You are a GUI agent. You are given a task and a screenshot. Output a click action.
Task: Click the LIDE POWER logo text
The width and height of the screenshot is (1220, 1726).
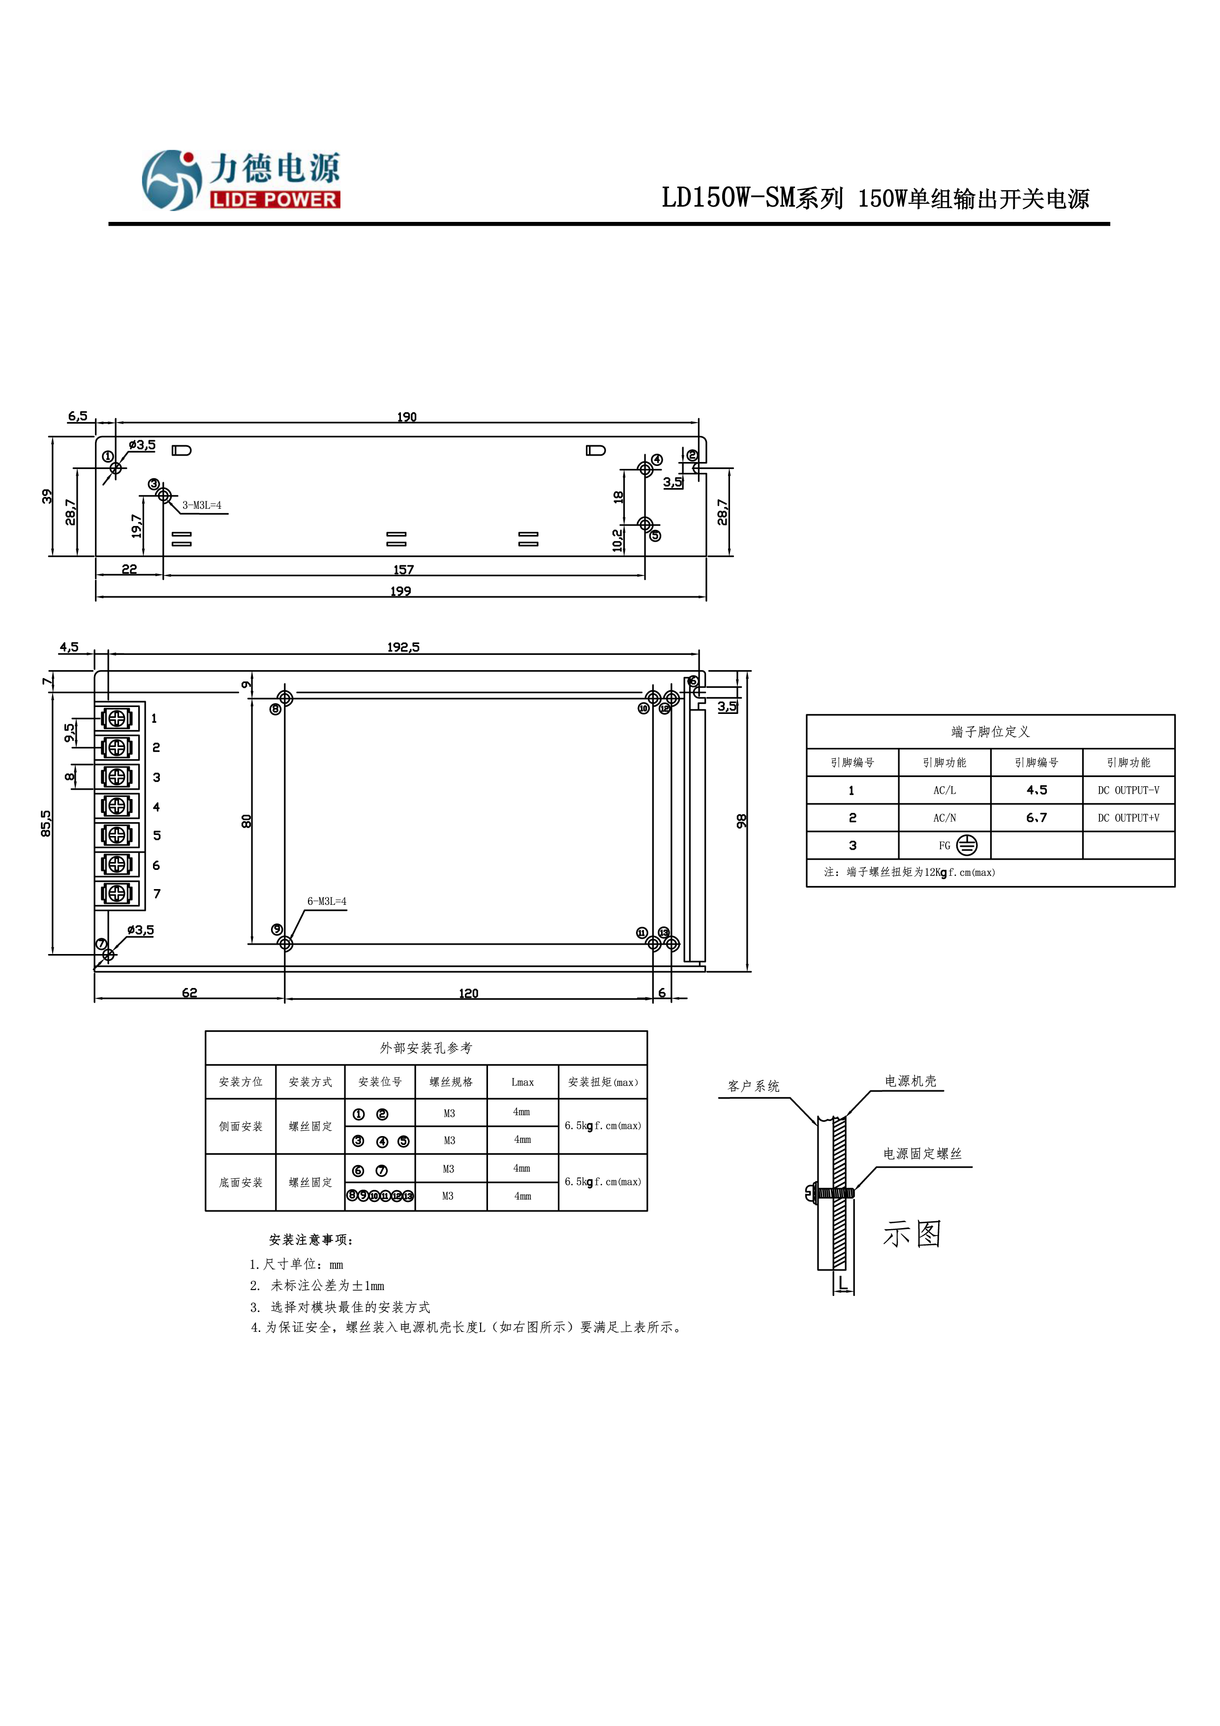point(274,200)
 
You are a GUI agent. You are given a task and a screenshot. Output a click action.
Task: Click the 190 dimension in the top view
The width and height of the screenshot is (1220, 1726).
point(407,417)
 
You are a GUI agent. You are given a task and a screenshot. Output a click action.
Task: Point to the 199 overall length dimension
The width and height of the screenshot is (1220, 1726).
point(400,591)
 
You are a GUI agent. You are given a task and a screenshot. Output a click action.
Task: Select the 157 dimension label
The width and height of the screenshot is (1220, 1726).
point(404,570)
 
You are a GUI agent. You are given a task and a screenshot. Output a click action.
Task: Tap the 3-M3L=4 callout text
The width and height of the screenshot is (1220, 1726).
point(202,505)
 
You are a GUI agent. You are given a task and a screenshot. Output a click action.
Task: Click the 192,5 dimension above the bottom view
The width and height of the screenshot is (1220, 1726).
point(404,647)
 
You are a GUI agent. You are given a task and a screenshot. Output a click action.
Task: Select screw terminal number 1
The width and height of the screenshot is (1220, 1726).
point(117,719)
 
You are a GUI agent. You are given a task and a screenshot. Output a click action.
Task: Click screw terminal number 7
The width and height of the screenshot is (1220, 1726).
point(117,893)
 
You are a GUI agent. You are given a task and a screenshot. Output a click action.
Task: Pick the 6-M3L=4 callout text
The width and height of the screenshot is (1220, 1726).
point(326,901)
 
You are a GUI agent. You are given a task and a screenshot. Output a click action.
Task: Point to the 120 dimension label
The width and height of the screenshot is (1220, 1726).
point(468,994)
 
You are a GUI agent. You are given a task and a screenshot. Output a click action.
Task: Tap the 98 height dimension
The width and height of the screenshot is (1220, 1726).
point(741,821)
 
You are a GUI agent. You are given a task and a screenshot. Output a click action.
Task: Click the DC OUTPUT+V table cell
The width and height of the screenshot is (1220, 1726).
point(1128,818)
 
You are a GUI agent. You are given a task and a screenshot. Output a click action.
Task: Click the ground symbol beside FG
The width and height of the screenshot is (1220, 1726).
point(967,846)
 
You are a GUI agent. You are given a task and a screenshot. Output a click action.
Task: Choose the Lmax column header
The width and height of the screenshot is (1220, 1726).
point(522,1082)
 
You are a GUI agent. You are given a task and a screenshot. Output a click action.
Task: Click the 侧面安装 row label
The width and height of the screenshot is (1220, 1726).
point(241,1126)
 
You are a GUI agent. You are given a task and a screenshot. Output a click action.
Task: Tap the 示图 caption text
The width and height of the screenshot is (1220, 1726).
point(912,1234)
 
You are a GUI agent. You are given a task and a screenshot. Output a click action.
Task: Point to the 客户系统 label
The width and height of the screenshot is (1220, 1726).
point(753,1086)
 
